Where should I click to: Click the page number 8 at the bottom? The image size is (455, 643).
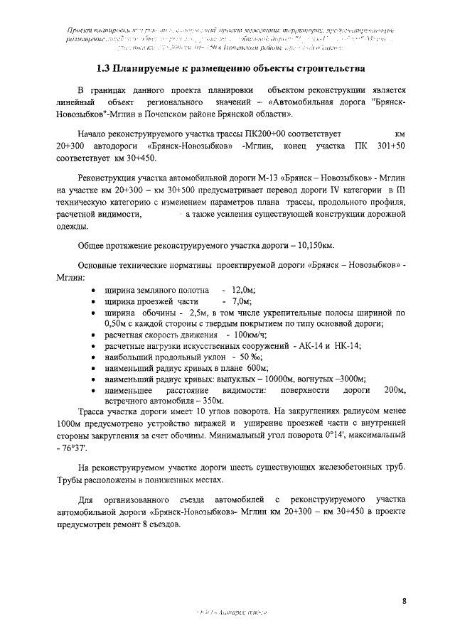pyautogui.click(x=404, y=601)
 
